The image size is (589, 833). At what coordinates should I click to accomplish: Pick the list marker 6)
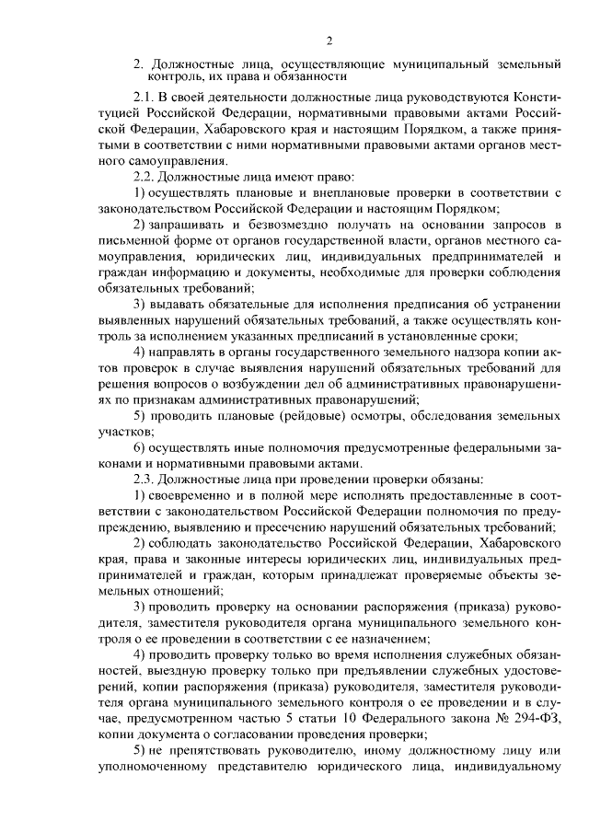140,448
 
